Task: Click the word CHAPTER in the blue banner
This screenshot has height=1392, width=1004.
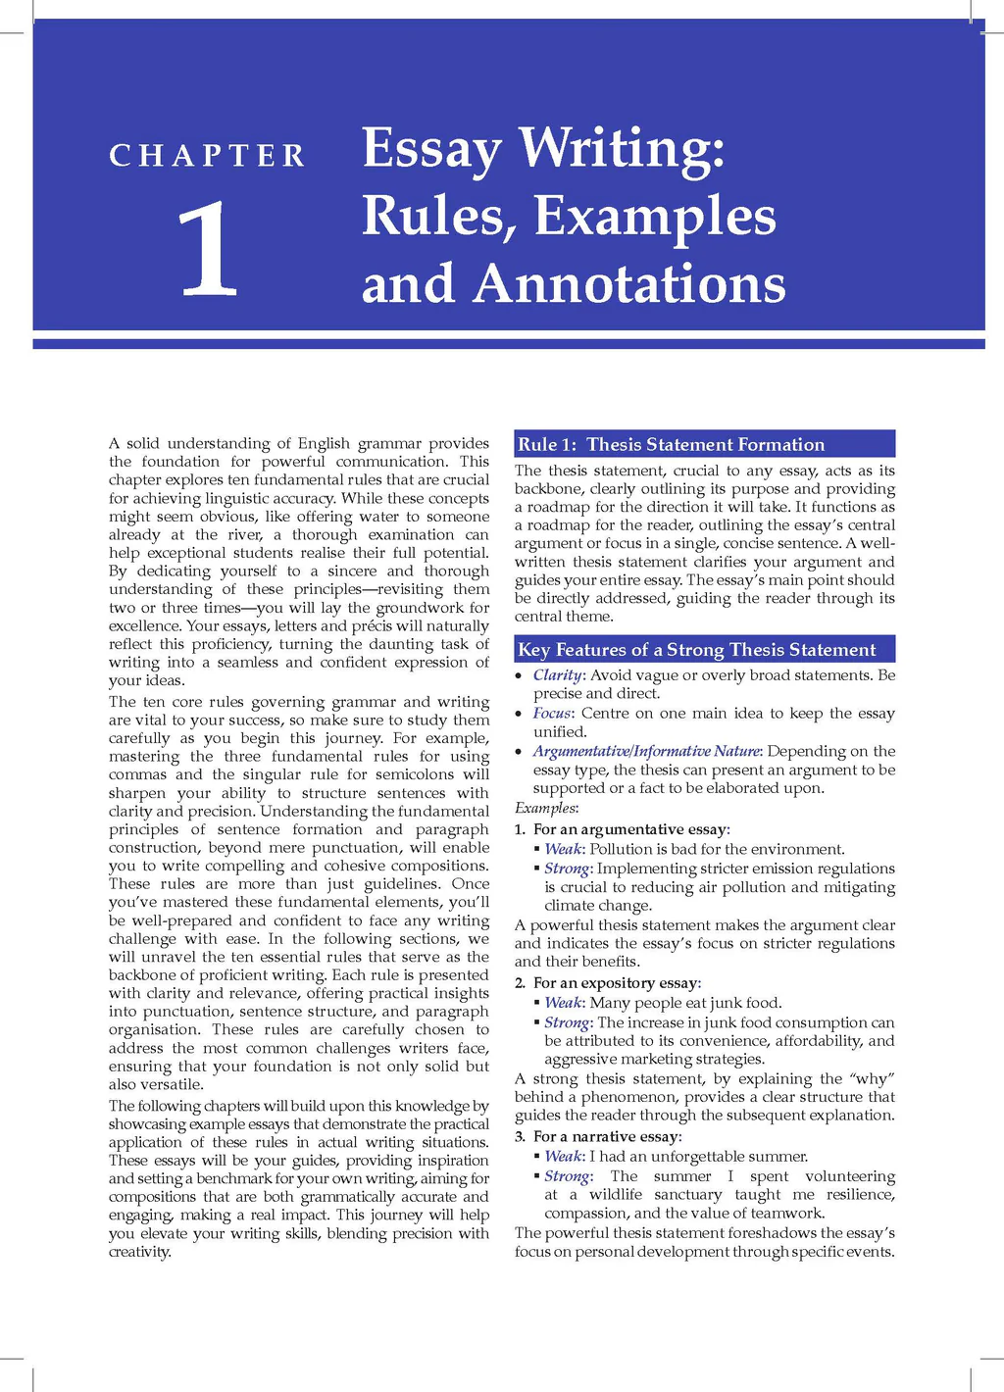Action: click(x=207, y=156)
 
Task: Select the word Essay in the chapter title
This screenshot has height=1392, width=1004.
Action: click(x=431, y=149)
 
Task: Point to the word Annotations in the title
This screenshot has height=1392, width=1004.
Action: click(x=629, y=284)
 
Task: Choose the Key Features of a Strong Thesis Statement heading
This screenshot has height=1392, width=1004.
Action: click(x=696, y=649)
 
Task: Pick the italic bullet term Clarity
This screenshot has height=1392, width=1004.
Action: click(x=558, y=674)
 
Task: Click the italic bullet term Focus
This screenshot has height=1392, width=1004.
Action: click(x=551, y=713)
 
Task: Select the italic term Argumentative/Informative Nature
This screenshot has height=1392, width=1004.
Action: click(x=646, y=751)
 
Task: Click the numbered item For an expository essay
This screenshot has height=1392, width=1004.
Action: click(x=617, y=982)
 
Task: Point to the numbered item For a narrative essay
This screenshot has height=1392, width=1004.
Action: click(x=607, y=1136)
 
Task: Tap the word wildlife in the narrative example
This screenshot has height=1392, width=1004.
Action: click(x=615, y=1194)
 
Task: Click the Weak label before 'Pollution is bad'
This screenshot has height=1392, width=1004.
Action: click(x=564, y=849)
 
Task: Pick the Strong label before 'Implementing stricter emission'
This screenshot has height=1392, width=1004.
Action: click(x=568, y=869)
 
